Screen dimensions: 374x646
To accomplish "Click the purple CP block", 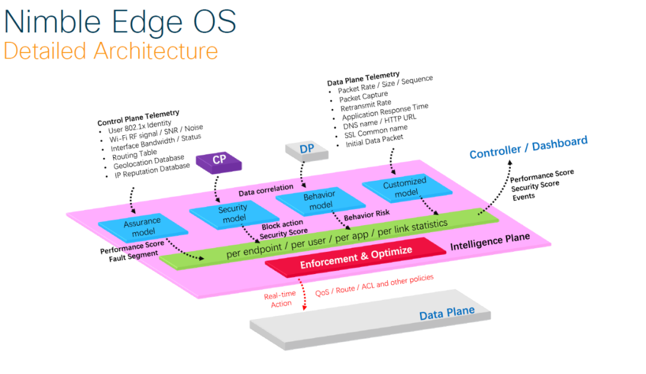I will click(220, 160).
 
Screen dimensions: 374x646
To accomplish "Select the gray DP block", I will click(307, 149).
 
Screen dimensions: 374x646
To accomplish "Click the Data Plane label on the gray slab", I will click(446, 313).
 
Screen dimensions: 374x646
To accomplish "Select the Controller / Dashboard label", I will click(528, 147).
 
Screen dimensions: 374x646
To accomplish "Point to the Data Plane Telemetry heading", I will click(363, 78).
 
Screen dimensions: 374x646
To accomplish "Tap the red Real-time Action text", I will click(280, 300).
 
